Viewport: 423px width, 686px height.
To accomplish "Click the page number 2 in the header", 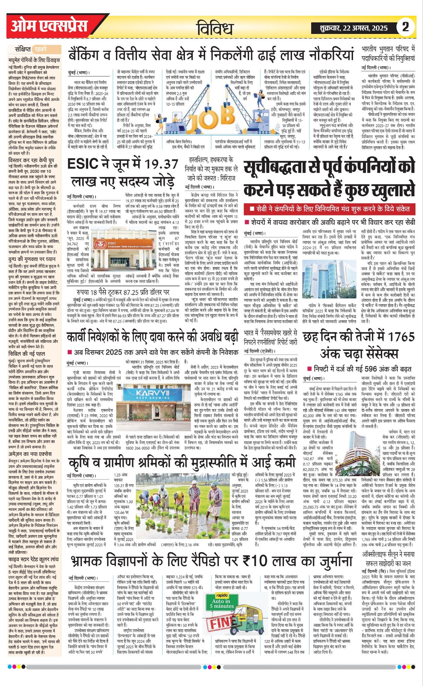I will (406, 27).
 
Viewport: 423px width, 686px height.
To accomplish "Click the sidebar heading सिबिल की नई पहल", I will (27, 354).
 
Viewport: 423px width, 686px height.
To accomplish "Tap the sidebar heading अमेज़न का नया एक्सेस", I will (30, 454).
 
